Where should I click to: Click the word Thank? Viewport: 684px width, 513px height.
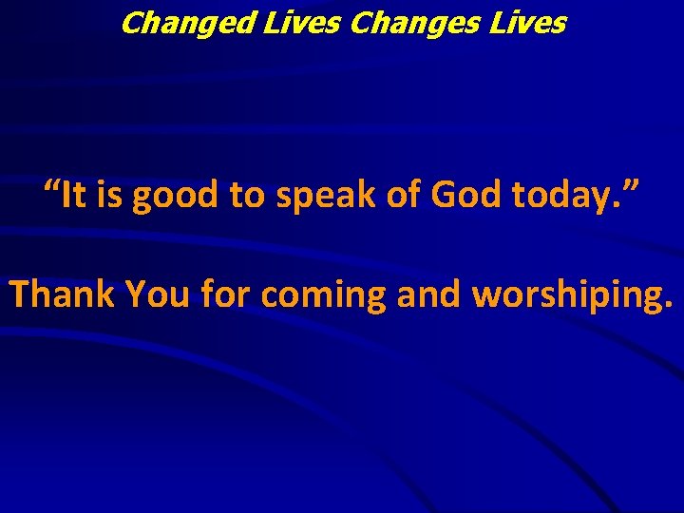pos(59,294)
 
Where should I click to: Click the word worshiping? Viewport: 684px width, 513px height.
pos(568,296)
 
